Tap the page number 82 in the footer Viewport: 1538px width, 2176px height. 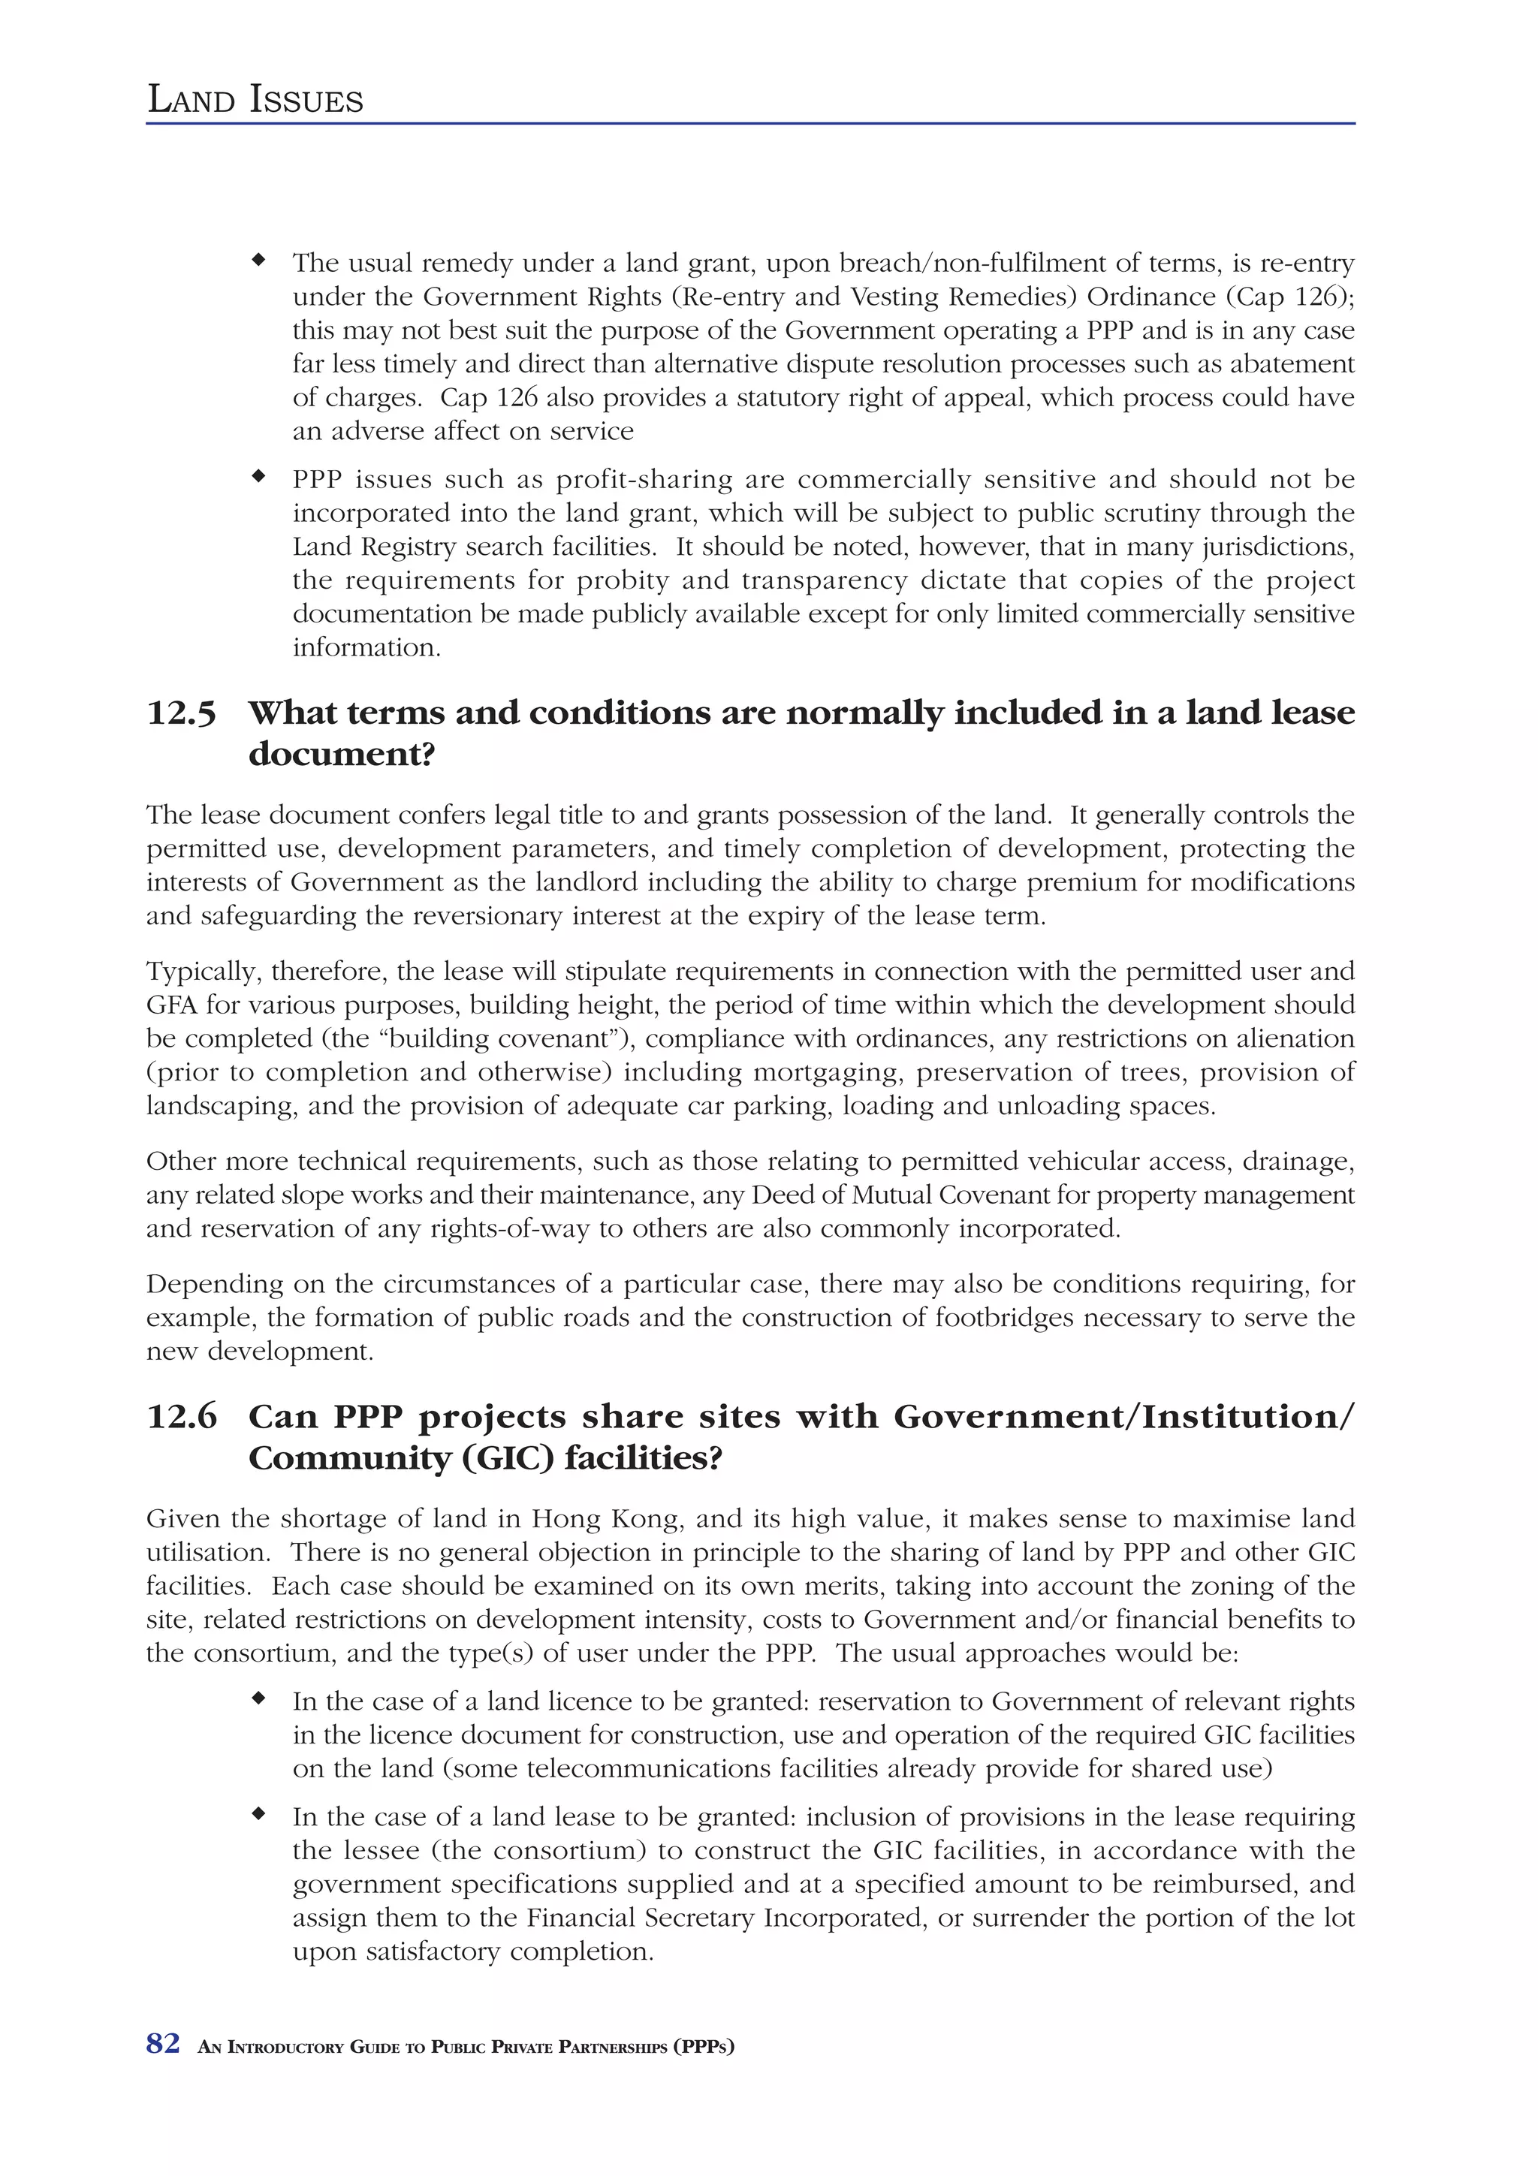163,2045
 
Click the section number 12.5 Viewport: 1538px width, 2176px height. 181,713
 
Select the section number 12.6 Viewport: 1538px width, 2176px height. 181,1417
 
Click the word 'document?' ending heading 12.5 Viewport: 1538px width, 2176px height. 341,755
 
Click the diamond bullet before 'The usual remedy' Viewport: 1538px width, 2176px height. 258,259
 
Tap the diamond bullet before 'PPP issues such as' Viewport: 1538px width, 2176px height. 258,476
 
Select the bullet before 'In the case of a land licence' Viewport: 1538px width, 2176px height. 258,1698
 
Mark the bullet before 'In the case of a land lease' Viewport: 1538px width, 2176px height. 258,1814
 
